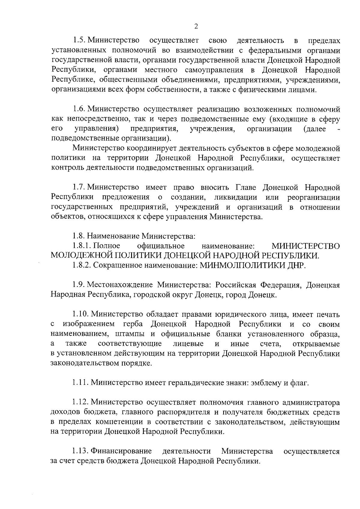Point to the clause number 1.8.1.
tap(82, 246)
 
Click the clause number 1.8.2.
tap(82, 265)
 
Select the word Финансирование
tap(121, 451)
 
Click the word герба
tap(133, 324)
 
